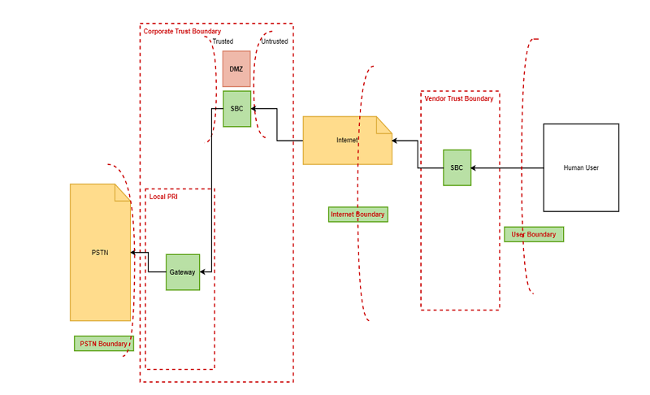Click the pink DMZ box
236,69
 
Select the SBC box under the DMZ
236,108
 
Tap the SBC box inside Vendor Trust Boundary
457,167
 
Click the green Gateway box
183,272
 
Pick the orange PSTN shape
100,253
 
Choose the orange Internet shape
347,141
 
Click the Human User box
581,167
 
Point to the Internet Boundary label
357,215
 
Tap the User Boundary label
534,235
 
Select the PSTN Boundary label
103,344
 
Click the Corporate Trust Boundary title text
182,32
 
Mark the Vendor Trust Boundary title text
459,98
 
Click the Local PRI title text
163,197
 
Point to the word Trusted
223,41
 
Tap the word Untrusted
274,41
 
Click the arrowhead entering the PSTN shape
133,253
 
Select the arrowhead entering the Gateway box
203,272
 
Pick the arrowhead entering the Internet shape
395,141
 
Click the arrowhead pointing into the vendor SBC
474,167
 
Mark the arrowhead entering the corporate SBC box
254,108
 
